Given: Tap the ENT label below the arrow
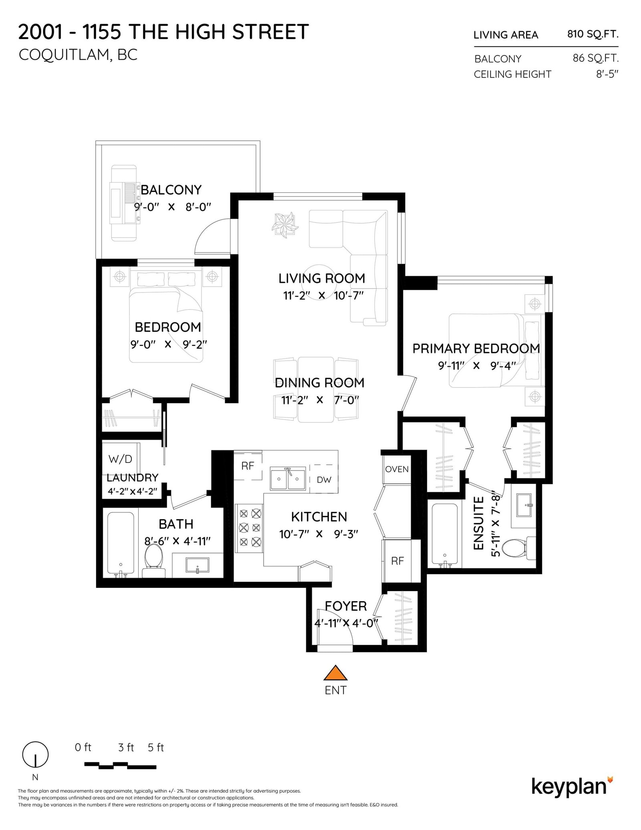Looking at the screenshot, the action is point(336,690).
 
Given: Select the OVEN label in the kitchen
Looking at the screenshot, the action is point(397,469).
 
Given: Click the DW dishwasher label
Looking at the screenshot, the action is point(324,480).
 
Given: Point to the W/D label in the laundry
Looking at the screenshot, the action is point(120,459).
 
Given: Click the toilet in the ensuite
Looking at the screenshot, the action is point(518,548).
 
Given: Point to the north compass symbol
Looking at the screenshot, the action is point(35,754).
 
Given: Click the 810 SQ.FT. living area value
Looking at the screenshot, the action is point(593,34).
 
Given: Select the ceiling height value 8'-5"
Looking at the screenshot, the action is point(607,74).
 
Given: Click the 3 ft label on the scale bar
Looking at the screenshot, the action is point(126,747).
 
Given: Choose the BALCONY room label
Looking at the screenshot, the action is point(171,190).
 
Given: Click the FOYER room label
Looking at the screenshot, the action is point(346,606).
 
